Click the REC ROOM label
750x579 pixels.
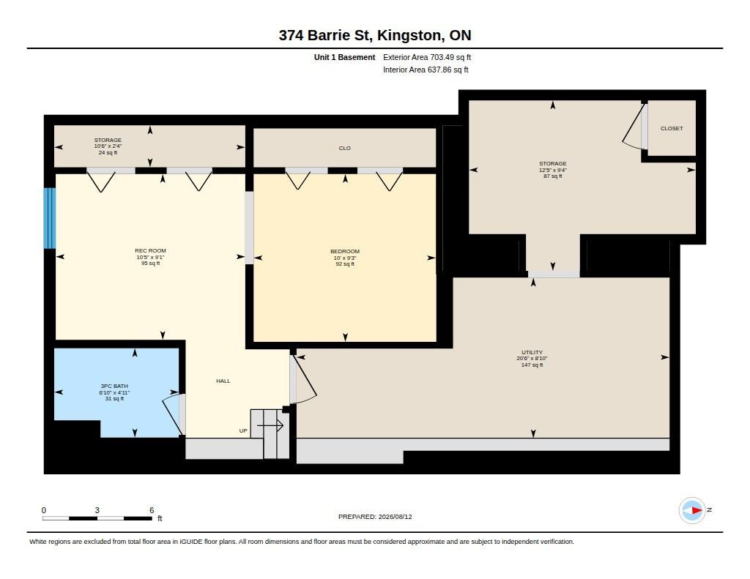point(150,250)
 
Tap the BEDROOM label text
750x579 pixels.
point(345,252)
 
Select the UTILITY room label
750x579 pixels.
point(532,352)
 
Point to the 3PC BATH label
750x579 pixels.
point(114,386)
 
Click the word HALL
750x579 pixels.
point(223,381)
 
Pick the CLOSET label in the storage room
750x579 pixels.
point(672,128)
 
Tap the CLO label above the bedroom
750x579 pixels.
point(345,148)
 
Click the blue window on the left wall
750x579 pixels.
point(50,218)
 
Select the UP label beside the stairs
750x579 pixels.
point(243,431)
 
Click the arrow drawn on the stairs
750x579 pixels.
point(270,425)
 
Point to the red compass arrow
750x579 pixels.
point(697,511)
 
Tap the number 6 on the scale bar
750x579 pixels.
point(152,510)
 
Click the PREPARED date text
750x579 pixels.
point(375,517)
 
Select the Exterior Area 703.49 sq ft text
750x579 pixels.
point(427,57)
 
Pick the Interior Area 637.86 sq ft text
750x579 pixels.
point(426,70)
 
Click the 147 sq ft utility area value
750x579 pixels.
point(532,365)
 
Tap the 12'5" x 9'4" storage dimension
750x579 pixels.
point(553,170)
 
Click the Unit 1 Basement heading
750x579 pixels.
point(344,57)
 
